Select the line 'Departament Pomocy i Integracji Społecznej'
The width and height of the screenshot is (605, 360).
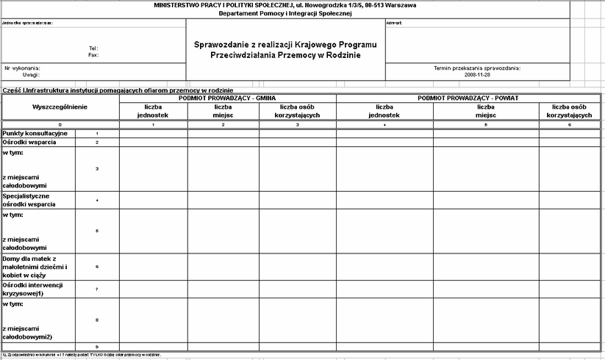pyautogui.click(x=285, y=13)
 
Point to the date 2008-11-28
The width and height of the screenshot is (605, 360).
pyautogui.click(x=478, y=74)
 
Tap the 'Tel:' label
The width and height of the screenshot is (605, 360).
pyautogui.click(x=93, y=48)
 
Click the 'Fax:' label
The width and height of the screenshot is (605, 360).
pyautogui.click(x=93, y=55)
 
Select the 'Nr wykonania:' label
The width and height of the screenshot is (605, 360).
pyautogui.click(x=22, y=68)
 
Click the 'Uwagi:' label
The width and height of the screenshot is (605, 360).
pyautogui.click(x=30, y=74)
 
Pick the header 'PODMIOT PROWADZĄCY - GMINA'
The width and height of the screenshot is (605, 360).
pyautogui.click(x=227, y=98)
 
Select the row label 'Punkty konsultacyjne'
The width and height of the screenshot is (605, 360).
pyautogui.click(x=35, y=133)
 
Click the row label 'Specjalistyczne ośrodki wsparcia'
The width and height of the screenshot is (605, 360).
pyautogui.click(x=29, y=201)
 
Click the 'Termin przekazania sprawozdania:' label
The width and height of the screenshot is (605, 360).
pyautogui.click(x=478, y=68)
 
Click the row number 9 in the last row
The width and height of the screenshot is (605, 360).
pyautogui.click(x=97, y=346)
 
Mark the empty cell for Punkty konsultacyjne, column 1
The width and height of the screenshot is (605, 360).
pyautogui.click(x=153, y=133)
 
